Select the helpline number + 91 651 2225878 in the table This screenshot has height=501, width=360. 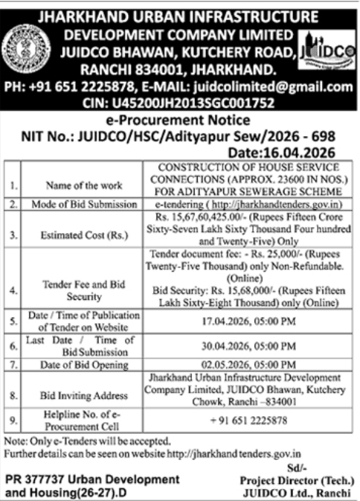pos(247,421)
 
